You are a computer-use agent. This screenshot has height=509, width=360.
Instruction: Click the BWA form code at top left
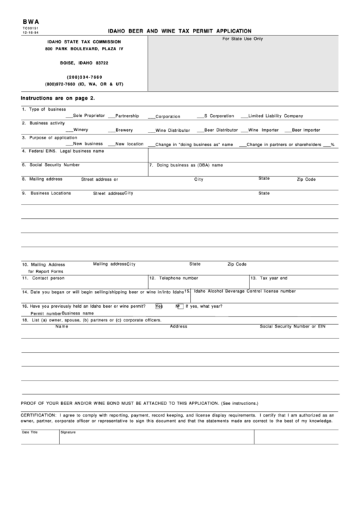pyautogui.click(x=30, y=22)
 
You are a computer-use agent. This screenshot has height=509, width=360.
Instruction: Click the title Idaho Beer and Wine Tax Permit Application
pyautogui.click(x=179, y=31)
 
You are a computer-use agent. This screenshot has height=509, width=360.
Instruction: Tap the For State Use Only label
pyautogui.click(x=242, y=39)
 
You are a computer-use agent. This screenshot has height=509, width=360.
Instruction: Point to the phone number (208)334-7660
pyautogui.click(x=84, y=76)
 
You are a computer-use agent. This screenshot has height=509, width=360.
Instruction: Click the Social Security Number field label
pyautogui.click(x=54, y=164)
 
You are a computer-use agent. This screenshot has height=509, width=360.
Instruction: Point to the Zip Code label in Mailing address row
pyautogui.click(x=306, y=179)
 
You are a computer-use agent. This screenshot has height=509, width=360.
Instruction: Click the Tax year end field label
pyautogui.click(x=273, y=278)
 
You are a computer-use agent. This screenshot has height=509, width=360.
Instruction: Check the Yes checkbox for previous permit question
pyautogui.click(x=158, y=306)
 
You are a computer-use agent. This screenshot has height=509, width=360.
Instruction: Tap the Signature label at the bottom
pyautogui.click(x=68, y=432)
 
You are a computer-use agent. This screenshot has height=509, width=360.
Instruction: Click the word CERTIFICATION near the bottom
pyautogui.click(x=39, y=413)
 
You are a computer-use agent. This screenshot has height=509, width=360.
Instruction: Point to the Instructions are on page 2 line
pyautogui.click(x=58, y=99)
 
